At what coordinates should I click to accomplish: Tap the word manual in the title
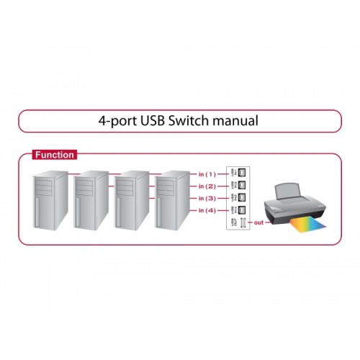[x=233, y=121]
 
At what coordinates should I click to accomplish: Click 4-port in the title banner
[x=115, y=121]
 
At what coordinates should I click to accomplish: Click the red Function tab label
[x=55, y=154]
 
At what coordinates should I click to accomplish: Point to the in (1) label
[x=207, y=174]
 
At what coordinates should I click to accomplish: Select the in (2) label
[x=207, y=185]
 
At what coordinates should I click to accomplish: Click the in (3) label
[x=207, y=197]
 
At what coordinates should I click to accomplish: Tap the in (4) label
[x=207, y=210]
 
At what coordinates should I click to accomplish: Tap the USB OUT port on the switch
[x=243, y=223]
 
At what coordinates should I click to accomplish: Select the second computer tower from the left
[x=91, y=205]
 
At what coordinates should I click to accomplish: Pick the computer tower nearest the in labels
[x=173, y=205]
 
